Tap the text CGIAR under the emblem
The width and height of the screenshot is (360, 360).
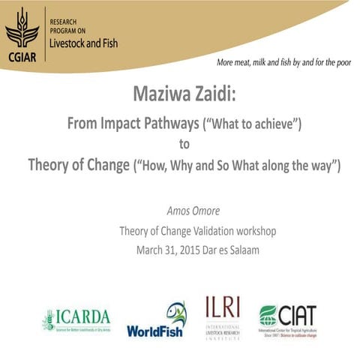point(22,53)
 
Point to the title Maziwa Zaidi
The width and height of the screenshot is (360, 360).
point(179,94)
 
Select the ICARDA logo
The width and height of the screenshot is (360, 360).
point(76,319)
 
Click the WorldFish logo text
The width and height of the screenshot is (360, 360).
point(155,330)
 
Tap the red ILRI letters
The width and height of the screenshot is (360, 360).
point(223,308)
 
